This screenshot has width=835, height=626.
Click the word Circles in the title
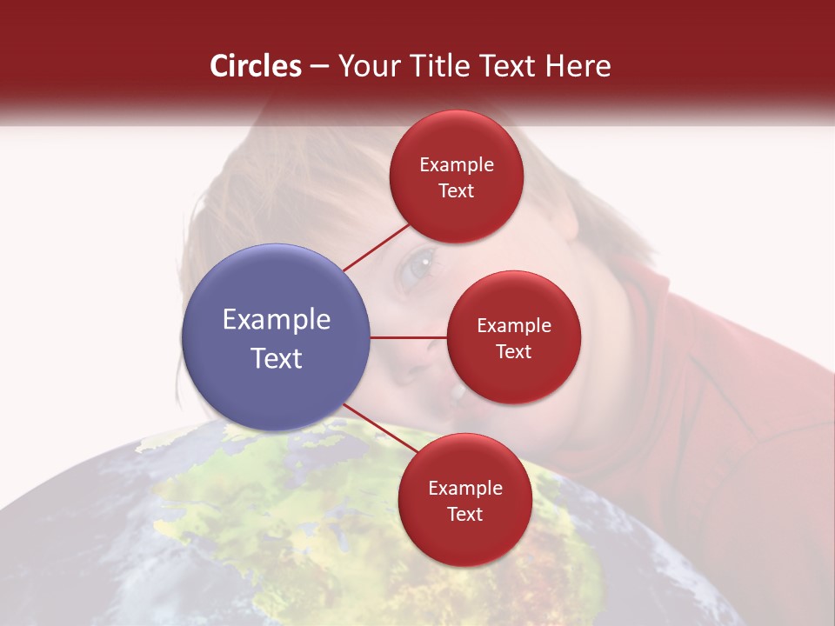pyautogui.click(x=256, y=66)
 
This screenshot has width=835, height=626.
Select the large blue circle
pyautogui.click(x=277, y=337)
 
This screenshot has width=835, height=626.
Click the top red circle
pyautogui.click(x=457, y=176)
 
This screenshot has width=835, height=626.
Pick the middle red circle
pyautogui.click(x=514, y=337)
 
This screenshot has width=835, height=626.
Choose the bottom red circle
pyautogui.click(x=464, y=500)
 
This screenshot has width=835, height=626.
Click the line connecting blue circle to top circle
pyautogui.click(x=377, y=247)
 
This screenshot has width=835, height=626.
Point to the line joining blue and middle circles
pyautogui.click(x=409, y=337)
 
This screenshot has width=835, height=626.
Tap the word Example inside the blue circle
pyautogui.click(x=277, y=320)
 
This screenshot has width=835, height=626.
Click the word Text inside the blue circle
pyautogui.click(x=277, y=358)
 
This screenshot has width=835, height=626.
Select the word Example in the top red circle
pyautogui.click(x=457, y=165)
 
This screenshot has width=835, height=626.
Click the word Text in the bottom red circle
pyautogui.click(x=464, y=514)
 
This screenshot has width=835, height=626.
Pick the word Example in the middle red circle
pyautogui.click(x=514, y=326)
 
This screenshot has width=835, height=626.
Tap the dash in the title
pyautogui.click(x=319, y=67)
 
